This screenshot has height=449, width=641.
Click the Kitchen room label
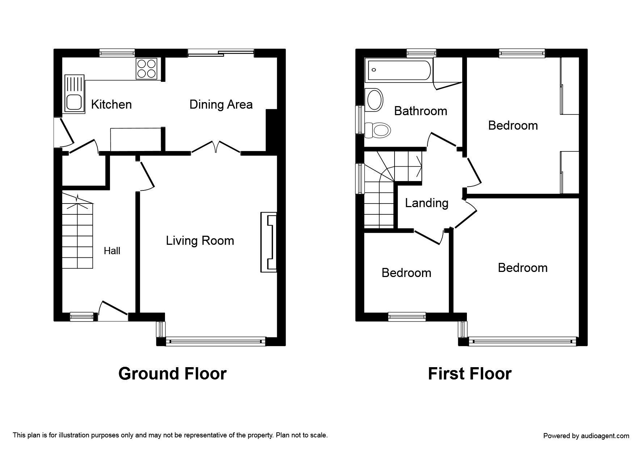pyautogui.click(x=111, y=105)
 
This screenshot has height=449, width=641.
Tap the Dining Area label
pyautogui.click(x=221, y=105)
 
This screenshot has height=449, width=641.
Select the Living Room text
pyautogui.click(x=200, y=241)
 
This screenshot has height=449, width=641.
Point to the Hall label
pyautogui.click(x=112, y=251)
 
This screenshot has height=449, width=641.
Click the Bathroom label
pyautogui.click(x=421, y=111)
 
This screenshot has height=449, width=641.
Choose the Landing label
pyautogui.click(x=426, y=203)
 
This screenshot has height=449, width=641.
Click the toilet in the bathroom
pyautogui.click(x=378, y=130)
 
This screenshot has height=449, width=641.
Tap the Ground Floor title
pyautogui.click(x=172, y=374)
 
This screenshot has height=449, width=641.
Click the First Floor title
pyautogui.click(x=470, y=374)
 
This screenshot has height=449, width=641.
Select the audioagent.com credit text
pyautogui.click(x=586, y=436)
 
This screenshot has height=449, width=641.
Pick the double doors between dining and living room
pyautogui.click(x=216, y=147)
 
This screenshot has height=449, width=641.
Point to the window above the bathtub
pyautogui.click(x=421, y=53)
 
